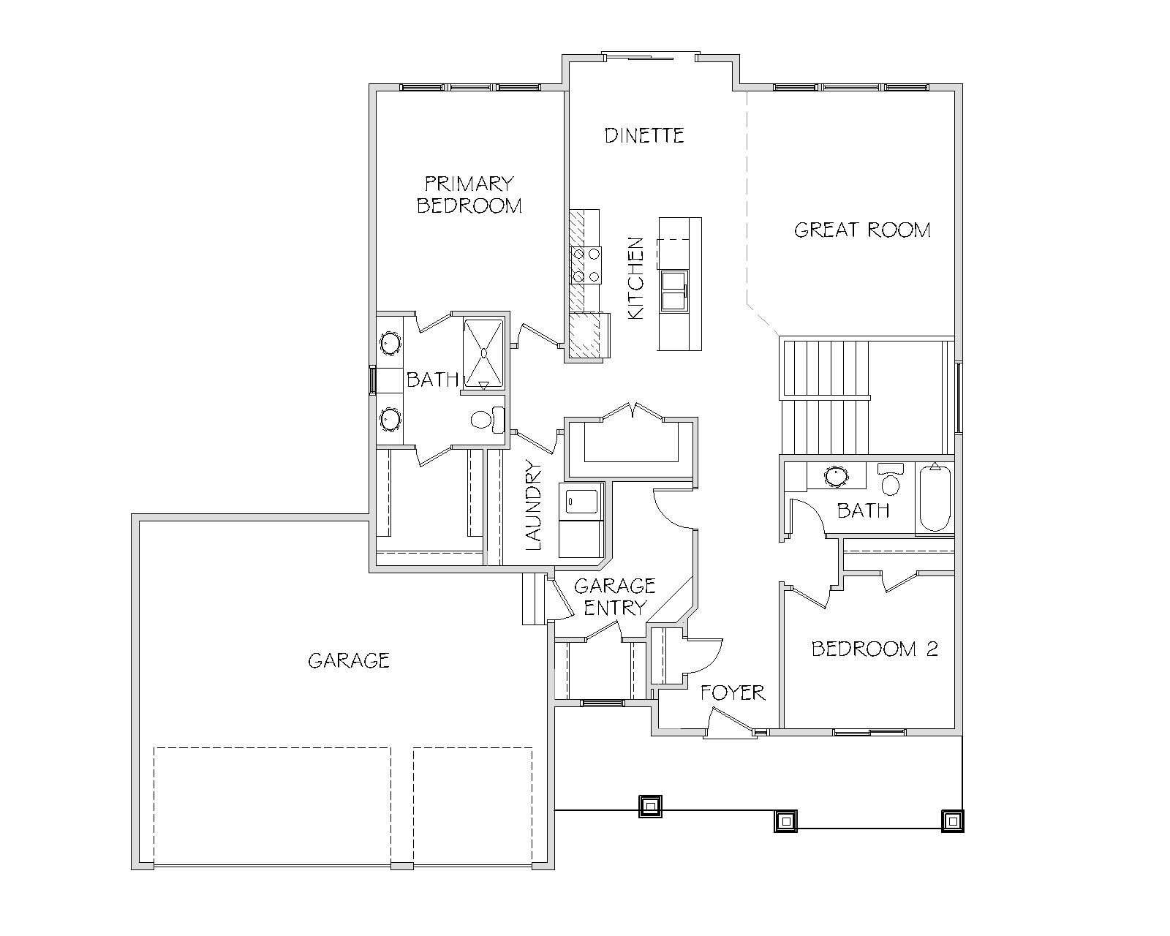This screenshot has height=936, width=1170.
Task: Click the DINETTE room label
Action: click(644, 135)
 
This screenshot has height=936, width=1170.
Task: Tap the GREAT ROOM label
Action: click(862, 230)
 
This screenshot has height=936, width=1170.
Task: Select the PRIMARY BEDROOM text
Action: click(469, 195)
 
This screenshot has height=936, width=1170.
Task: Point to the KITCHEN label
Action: click(635, 278)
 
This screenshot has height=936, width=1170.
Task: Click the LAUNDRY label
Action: click(534, 505)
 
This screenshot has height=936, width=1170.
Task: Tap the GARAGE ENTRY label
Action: click(615, 597)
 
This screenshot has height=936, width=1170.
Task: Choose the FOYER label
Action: click(733, 693)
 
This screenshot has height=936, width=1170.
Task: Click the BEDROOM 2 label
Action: click(875, 649)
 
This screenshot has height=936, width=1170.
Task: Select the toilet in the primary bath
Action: click(487, 420)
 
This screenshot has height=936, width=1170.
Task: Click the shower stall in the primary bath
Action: click(483, 353)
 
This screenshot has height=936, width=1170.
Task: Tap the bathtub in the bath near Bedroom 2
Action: click(935, 498)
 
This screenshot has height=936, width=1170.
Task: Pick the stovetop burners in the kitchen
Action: click(586, 265)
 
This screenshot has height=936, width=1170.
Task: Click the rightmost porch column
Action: click(952, 820)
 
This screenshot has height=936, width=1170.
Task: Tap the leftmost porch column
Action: click(650, 806)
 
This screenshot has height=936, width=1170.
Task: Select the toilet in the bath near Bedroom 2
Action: click(890, 479)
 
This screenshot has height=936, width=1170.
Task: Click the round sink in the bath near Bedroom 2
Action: click(836, 477)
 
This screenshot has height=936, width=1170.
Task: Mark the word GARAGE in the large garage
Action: click(349, 661)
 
